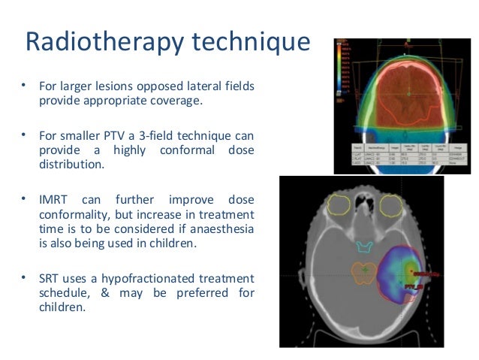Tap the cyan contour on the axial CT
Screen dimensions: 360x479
[363, 246]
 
